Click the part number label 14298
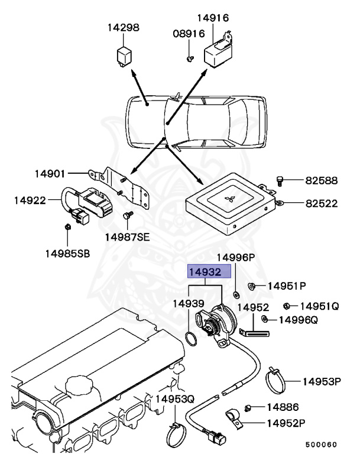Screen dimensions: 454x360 click(x=124, y=28)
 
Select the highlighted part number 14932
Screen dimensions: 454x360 click(x=205, y=272)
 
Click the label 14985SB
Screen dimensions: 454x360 click(x=67, y=254)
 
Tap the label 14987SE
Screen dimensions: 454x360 click(x=128, y=237)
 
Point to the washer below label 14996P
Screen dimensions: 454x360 click(x=236, y=294)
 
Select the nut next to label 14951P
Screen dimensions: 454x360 click(x=251, y=287)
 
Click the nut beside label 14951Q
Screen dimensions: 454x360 click(x=287, y=306)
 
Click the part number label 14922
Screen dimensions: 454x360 click(x=30, y=200)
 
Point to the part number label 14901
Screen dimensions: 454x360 click(x=50, y=174)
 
